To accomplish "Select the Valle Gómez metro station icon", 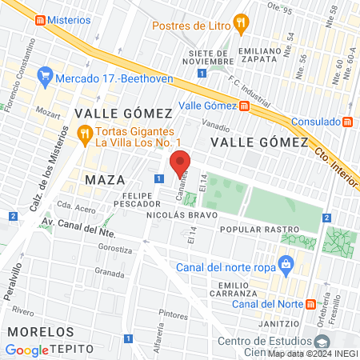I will pos(244,106).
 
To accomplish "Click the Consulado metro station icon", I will pos(347,122).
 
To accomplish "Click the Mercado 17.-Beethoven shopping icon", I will pos(44,78).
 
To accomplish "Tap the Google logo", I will pos(26,350).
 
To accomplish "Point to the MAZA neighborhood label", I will pos(105,177).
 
